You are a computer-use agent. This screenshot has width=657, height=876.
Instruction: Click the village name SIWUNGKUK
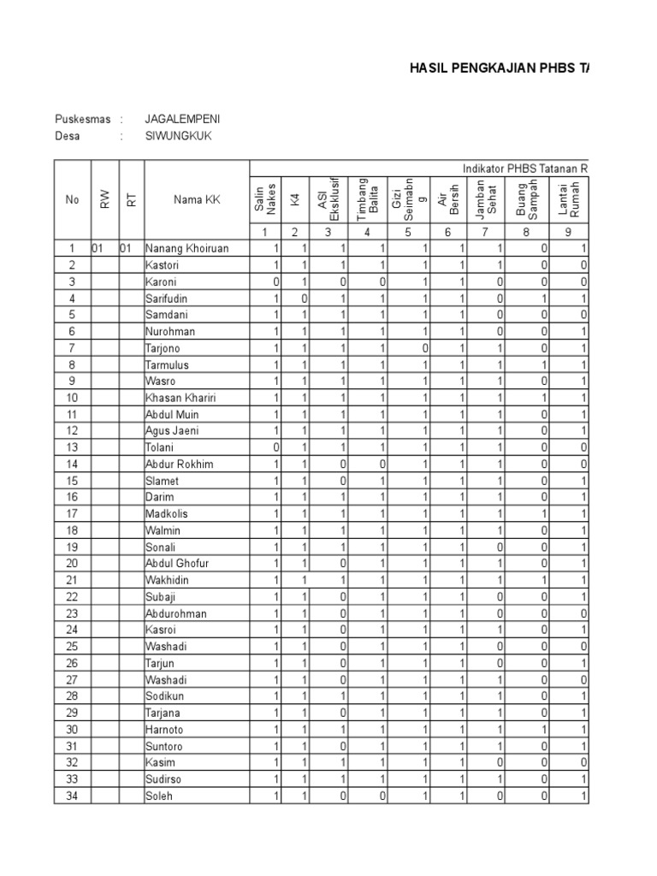click(x=178, y=136)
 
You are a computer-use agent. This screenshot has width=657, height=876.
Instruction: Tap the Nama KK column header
click(x=197, y=199)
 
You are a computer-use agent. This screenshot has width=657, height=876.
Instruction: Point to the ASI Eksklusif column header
click(x=328, y=198)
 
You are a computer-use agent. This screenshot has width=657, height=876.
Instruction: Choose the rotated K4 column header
click(x=294, y=199)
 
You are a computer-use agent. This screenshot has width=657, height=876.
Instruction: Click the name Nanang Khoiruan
click(x=186, y=249)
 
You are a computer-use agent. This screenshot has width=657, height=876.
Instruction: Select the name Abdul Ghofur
click(x=177, y=564)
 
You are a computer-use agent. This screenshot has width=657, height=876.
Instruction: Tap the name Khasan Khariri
click(x=180, y=398)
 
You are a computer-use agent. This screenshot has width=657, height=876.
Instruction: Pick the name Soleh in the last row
click(x=159, y=796)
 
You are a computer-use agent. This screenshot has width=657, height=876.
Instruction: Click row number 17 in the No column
click(x=72, y=514)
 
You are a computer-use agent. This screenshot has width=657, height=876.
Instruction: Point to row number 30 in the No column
click(x=72, y=730)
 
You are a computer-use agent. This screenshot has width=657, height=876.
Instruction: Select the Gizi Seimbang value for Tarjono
click(x=424, y=348)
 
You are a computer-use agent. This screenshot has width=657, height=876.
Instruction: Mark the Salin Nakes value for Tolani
click(x=275, y=447)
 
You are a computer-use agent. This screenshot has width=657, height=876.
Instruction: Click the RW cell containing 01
click(x=98, y=249)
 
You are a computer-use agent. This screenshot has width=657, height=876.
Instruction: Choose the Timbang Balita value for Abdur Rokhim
click(x=382, y=465)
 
